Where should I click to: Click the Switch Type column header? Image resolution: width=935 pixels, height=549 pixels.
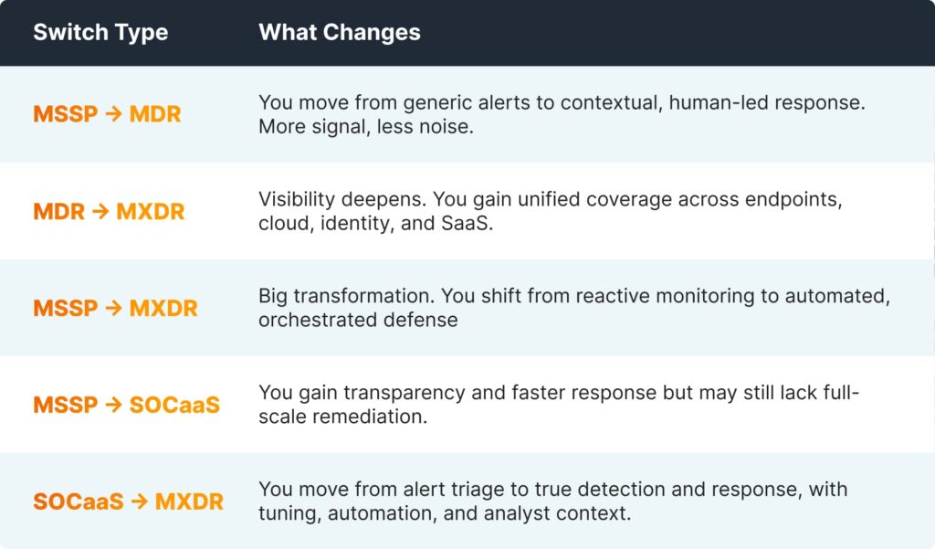tap(100, 33)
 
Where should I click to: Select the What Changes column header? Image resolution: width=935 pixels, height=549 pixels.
tap(340, 32)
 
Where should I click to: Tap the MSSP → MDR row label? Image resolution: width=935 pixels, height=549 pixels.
tap(107, 114)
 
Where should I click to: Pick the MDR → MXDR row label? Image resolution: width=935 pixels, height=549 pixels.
tap(109, 211)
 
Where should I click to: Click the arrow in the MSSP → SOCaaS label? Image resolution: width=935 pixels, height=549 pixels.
tap(113, 406)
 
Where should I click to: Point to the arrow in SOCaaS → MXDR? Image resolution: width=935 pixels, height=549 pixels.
tap(139, 501)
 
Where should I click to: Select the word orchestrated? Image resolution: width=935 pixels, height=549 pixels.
tap(318, 320)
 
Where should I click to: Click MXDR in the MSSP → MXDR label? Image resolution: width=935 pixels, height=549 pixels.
tap(163, 309)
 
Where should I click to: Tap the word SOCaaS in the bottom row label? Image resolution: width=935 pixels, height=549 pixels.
tap(79, 501)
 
